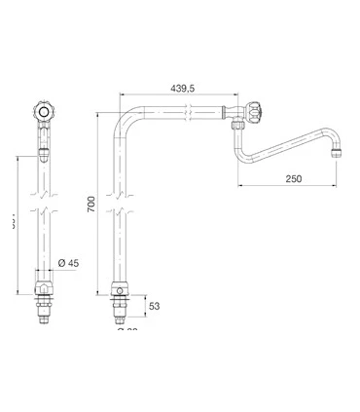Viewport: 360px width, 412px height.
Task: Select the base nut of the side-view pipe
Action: pos(120,290)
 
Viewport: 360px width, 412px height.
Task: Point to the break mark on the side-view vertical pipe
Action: pos(120,208)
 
